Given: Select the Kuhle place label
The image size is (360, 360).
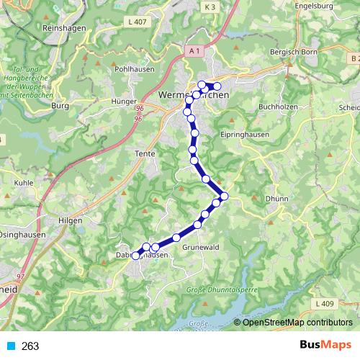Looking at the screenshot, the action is (24, 183).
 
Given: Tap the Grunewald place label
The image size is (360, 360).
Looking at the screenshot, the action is (200, 246).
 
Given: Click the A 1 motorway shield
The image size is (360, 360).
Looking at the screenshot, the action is (192, 50).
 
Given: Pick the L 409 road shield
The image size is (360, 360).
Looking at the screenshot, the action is (325, 303).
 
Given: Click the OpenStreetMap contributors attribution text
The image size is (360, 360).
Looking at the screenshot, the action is (296, 322).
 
